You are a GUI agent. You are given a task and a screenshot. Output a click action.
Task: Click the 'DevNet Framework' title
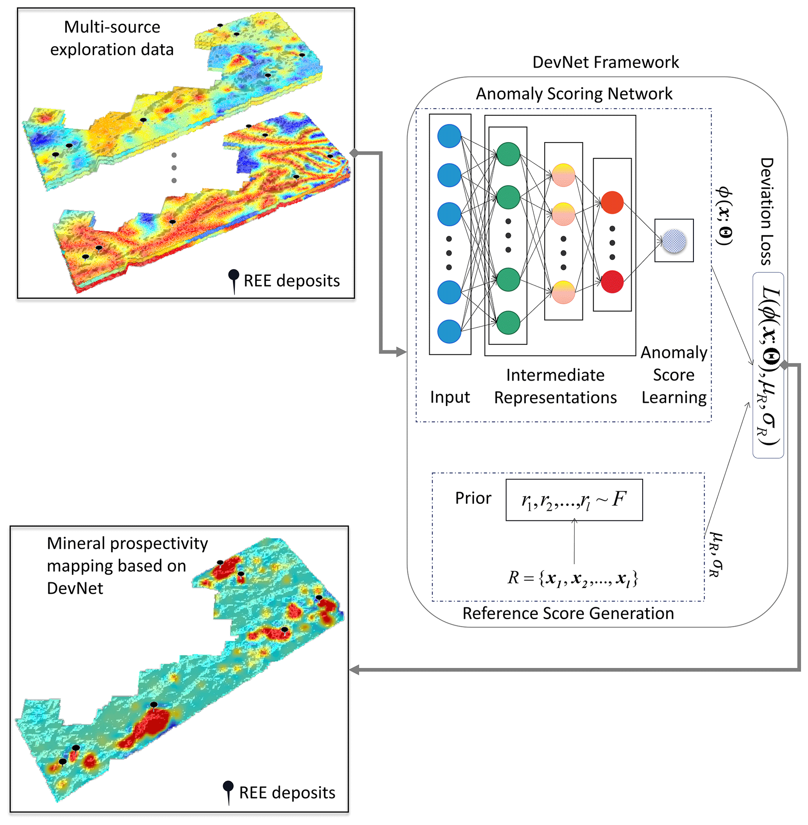pos(605,62)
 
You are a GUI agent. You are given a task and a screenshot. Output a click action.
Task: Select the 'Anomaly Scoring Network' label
pos(574,94)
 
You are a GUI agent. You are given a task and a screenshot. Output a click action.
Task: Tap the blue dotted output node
pos(674,241)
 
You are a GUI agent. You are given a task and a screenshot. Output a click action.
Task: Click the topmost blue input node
pos(449,136)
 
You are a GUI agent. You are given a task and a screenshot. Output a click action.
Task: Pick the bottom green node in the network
pos(508,323)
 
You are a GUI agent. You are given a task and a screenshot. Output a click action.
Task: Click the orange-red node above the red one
pos(612,202)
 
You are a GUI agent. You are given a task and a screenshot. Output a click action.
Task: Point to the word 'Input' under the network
pos(450,397)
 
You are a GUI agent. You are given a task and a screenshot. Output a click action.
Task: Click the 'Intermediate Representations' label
pos(555,386)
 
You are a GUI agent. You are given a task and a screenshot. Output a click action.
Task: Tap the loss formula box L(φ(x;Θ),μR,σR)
pos(768,365)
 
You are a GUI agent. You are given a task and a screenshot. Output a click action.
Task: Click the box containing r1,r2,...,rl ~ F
pos(574,500)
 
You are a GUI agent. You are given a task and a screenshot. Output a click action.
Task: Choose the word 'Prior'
pos(473,498)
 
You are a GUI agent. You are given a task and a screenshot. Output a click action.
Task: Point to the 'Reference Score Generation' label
pos(568,613)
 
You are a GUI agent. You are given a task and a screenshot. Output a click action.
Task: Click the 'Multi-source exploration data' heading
pos(112,38)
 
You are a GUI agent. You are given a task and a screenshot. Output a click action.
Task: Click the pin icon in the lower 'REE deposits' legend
pos(228,791)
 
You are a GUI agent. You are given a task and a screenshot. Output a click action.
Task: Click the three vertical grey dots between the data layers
pos(174,168)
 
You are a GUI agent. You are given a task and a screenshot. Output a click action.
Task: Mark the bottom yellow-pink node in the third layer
pos(563,292)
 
